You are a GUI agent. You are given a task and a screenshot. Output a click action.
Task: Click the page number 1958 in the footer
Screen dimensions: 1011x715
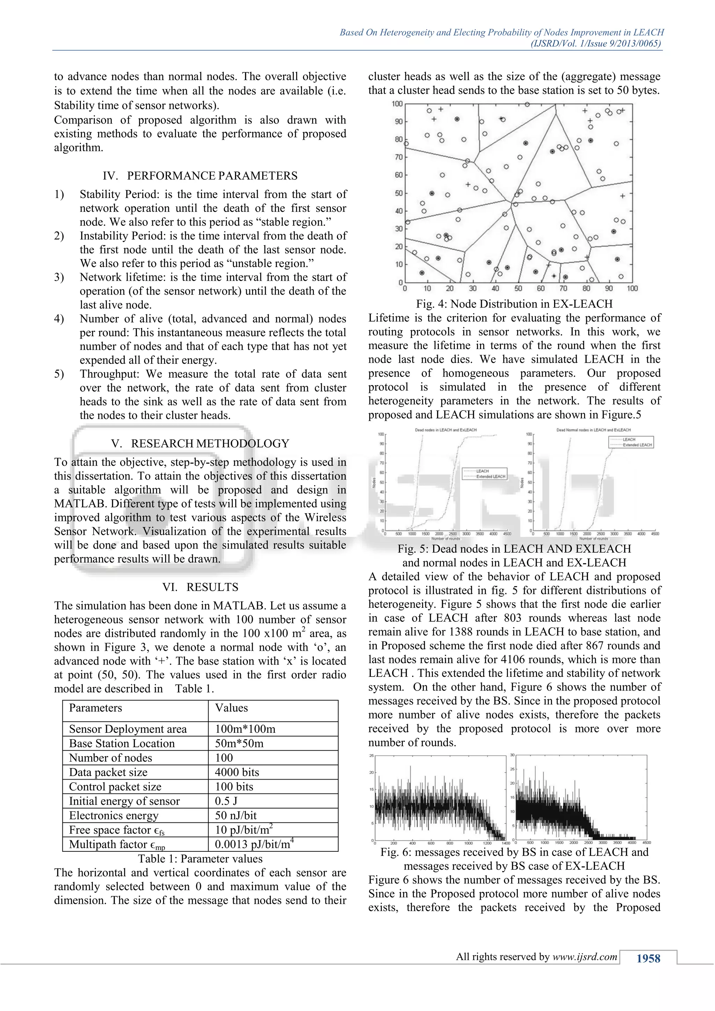648,959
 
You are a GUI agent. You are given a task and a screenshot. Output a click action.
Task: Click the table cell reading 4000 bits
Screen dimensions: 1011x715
237,772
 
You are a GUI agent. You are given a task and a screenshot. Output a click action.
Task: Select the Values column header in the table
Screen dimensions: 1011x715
231,708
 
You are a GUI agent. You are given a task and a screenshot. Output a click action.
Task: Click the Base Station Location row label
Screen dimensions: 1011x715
122,743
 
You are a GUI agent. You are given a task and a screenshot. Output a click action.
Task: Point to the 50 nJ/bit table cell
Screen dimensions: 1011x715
236,816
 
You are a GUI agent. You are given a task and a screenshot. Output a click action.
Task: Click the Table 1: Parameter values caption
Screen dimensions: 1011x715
200,859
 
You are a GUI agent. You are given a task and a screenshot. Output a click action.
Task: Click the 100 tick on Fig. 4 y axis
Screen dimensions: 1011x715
397,104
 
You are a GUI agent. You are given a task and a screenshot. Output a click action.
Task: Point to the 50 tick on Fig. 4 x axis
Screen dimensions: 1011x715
518,289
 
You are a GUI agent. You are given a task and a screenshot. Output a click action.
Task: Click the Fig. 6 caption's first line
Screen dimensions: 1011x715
514,852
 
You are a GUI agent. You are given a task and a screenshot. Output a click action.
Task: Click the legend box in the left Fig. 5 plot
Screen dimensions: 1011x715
484,474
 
